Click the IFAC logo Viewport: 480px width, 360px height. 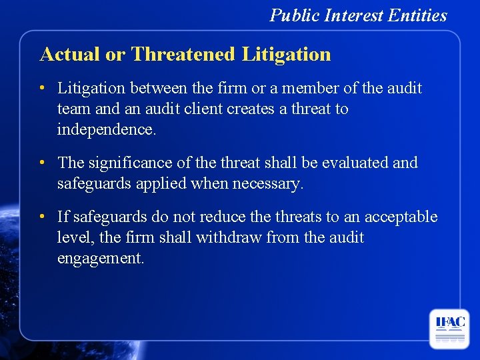coord(450,327)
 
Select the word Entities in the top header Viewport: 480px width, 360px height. coord(421,15)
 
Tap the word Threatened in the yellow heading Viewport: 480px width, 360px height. coord(183,54)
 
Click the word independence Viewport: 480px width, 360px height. coord(107,129)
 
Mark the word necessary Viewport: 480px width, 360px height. coord(267,183)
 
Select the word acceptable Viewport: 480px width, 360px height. coord(399,217)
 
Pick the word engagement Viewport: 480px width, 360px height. coord(100,259)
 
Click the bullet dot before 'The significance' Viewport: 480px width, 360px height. coord(42,163)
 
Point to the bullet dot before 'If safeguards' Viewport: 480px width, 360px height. coord(42,217)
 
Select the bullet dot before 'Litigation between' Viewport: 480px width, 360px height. coord(42,88)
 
